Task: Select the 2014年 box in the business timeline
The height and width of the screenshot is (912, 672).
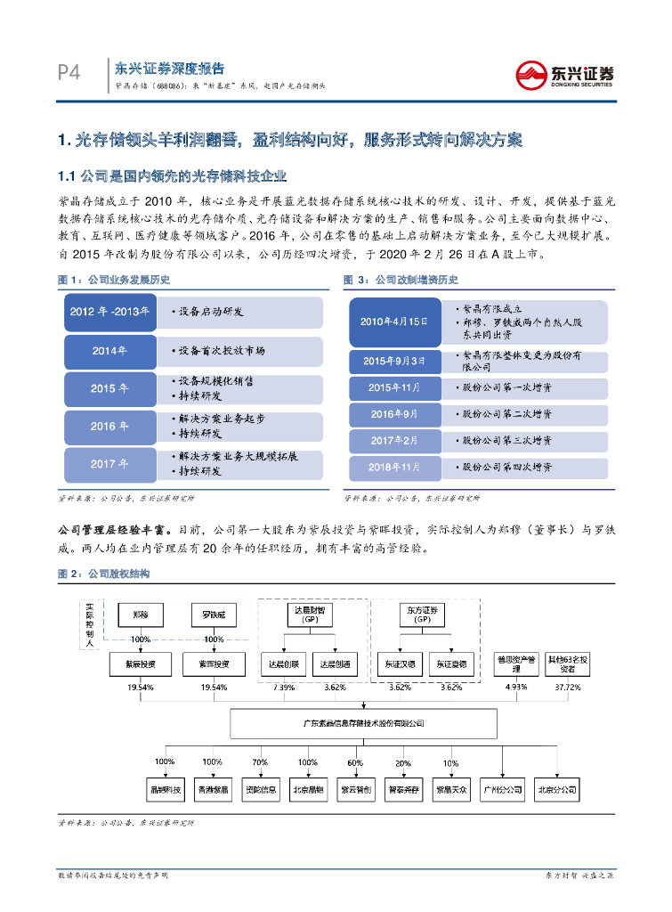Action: (x=110, y=350)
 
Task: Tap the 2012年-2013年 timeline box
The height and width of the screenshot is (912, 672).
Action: (x=110, y=312)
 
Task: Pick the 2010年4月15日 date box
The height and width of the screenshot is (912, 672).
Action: (x=394, y=322)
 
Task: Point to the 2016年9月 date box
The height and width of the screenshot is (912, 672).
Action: (x=394, y=414)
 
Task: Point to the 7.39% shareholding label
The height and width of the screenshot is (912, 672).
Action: (x=284, y=688)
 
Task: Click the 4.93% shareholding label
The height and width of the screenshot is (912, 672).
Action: (x=515, y=688)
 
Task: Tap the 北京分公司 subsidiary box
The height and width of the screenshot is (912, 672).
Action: (x=558, y=789)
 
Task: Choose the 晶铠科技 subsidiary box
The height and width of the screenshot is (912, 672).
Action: (x=165, y=789)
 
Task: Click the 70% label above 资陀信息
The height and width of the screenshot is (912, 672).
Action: (x=260, y=762)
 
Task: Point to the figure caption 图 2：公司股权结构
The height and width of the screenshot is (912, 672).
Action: (x=104, y=574)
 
